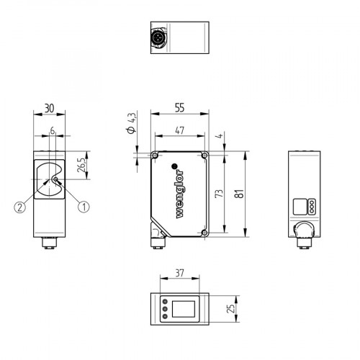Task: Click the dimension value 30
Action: click(x=50, y=107)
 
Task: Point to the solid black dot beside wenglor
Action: click(x=174, y=165)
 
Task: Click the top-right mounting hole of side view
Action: click(x=206, y=156)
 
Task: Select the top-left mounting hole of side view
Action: click(x=156, y=156)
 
